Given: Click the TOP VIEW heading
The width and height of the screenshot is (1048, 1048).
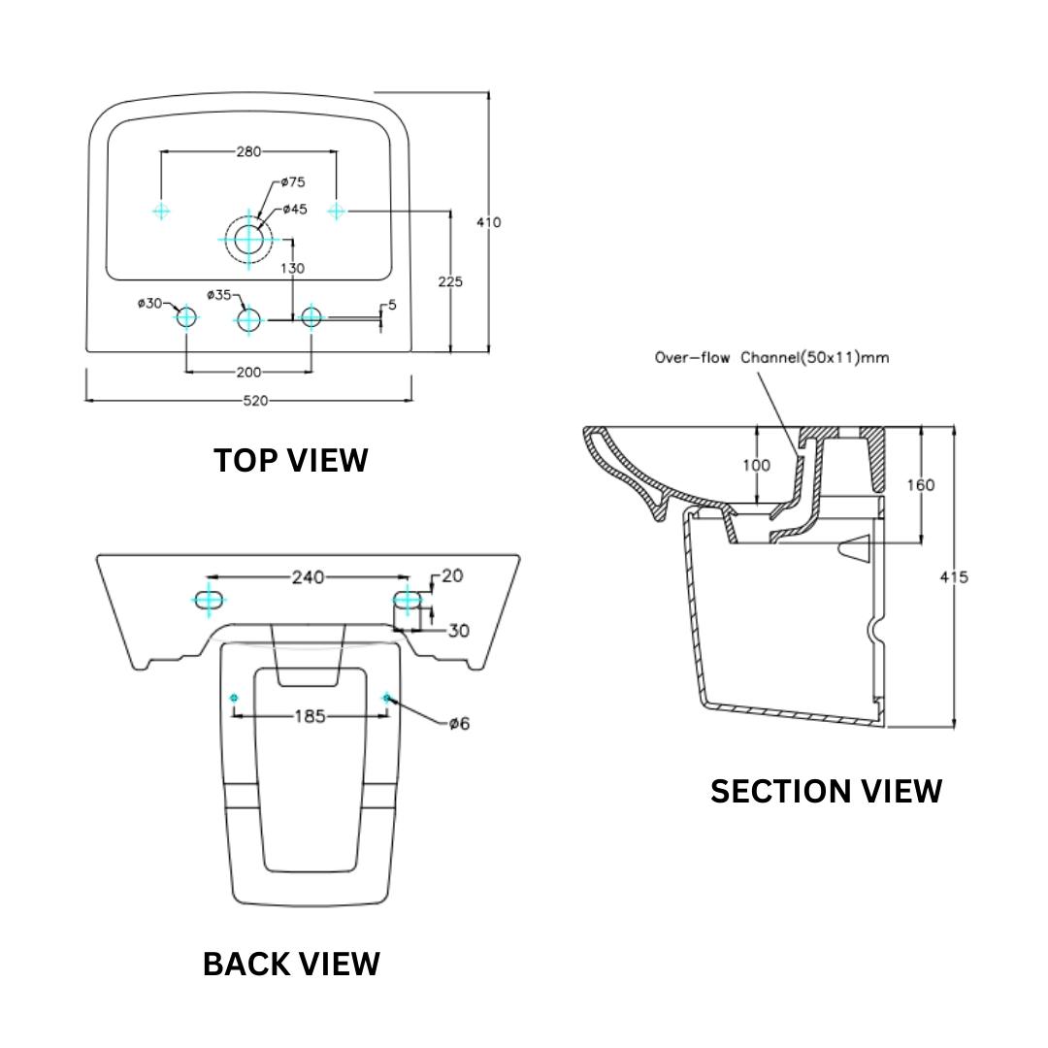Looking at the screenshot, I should point(291,460).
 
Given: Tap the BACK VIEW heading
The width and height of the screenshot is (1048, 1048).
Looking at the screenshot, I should point(291,964).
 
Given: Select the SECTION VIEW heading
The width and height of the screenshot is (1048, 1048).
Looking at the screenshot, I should point(826,791).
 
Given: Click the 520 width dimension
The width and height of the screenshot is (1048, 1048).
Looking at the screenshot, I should point(255,400).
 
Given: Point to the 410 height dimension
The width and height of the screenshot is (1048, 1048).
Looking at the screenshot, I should point(489,222).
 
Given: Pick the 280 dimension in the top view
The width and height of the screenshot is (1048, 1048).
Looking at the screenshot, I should point(248,151).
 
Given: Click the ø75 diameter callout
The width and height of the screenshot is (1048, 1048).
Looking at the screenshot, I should point(293,181).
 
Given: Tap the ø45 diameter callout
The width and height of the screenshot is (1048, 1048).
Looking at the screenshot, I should point(295,210).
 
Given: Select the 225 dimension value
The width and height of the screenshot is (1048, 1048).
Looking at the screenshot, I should point(450,281).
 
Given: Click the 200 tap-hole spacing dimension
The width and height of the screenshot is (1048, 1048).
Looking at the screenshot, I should point(248,372).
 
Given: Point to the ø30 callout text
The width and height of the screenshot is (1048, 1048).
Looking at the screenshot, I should point(150,303).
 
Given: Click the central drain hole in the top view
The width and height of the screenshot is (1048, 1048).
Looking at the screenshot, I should point(248,238).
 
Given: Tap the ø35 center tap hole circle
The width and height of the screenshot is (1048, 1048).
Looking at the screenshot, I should point(249,317).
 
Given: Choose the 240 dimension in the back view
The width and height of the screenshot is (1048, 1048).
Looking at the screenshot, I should point(308,577).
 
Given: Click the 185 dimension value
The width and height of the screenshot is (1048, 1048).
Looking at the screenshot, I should point(309,716).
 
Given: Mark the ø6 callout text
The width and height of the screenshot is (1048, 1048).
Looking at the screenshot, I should point(459,723).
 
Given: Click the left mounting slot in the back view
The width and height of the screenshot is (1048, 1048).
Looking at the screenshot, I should point(209,598).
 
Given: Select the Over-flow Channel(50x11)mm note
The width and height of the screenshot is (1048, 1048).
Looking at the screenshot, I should point(771,357).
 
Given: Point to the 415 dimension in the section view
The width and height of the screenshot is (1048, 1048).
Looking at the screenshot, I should point(954,576).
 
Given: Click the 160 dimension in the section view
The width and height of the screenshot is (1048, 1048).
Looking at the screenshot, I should point(920,484).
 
